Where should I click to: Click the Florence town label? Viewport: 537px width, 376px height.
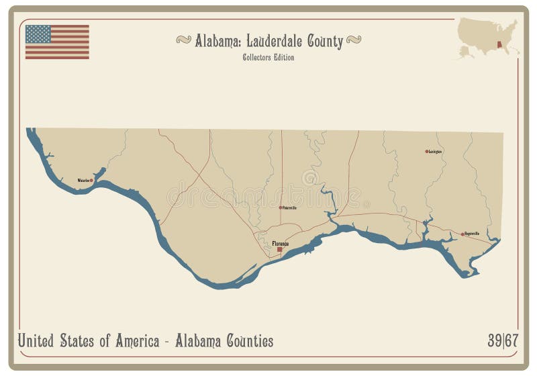click(281, 243)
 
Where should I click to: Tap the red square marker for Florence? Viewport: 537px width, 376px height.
click(280, 250)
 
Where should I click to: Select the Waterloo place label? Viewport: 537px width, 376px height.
click(83, 181)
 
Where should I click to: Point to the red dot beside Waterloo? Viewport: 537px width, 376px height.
click(91, 181)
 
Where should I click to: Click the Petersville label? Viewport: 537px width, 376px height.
click(289, 207)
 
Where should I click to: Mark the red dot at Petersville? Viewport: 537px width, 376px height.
click(281, 207)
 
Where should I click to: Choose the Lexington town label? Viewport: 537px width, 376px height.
click(436, 152)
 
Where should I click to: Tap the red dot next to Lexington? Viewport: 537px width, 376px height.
click(426, 152)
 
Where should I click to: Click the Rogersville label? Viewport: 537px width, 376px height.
click(471, 234)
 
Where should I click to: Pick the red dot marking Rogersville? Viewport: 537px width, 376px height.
click(462, 234)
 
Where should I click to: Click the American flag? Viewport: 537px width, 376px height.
click(57, 42)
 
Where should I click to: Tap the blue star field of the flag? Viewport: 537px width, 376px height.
click(38, 34)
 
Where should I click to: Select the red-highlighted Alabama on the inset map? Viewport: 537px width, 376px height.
click(499, 47)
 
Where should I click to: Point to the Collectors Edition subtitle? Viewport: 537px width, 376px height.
click(268, 58)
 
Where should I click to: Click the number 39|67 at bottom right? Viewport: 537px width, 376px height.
click(502, 341)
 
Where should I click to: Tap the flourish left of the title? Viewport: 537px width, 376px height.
click(183, 40)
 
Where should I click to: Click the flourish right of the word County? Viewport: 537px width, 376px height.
click(354, 40)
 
